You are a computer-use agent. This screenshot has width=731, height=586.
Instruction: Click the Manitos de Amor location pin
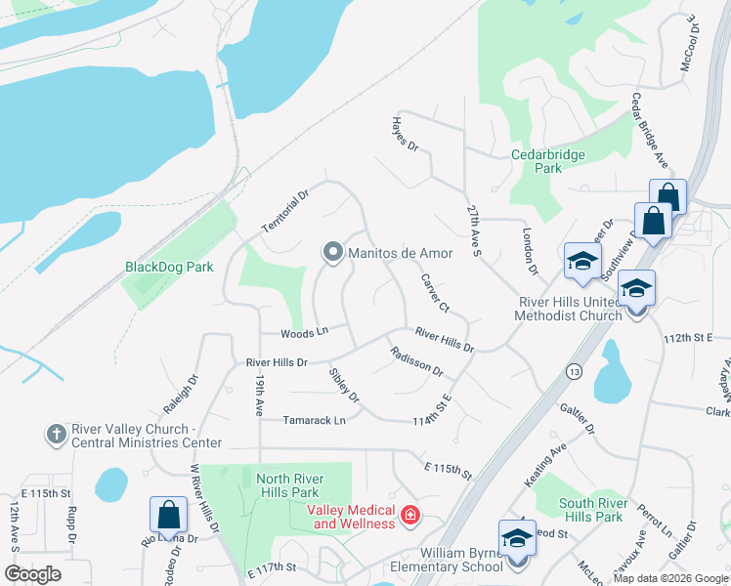[332, 253]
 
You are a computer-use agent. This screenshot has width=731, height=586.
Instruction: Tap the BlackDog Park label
[169, 267]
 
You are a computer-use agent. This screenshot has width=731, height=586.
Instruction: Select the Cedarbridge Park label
[537, 161]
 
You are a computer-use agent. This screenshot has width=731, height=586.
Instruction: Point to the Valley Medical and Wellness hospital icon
[410, 515]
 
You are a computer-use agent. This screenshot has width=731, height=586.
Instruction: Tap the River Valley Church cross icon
[57, 433]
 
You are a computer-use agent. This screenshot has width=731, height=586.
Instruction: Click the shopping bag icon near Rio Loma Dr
[168, 515]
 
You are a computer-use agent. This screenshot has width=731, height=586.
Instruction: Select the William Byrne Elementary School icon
[517, 538]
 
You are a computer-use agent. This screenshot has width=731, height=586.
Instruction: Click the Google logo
[32, 573]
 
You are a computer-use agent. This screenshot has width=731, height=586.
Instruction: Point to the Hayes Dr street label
[405, 135]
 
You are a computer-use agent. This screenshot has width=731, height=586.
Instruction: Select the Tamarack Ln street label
[315, 421]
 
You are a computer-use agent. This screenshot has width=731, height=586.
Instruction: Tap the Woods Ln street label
[301, 333]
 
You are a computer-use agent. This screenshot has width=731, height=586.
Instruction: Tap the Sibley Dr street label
[344, 385]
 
